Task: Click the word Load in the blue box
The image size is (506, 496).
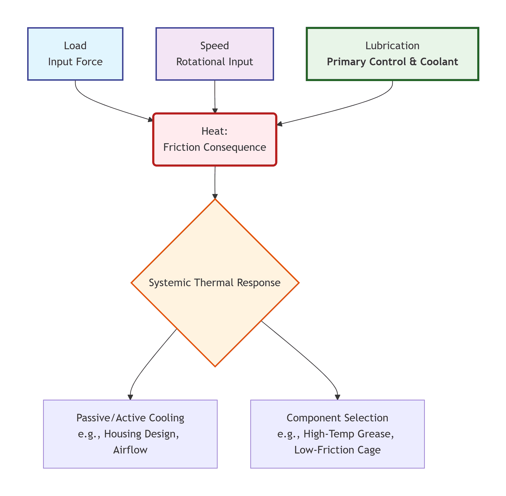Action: click(x=75, y=46)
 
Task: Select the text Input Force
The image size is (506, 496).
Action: click(x=75, y=62)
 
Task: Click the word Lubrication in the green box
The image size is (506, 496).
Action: click(x=392, y=46)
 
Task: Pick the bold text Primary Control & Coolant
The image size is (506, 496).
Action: click(x=392, y=62)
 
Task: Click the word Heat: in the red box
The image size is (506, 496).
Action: click(x=214, y=131)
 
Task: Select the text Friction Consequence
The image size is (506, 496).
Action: click(x=214, y=147)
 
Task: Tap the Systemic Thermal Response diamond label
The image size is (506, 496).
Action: click(x=214, y=283)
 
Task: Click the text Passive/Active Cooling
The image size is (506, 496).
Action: click(x=130, y=418)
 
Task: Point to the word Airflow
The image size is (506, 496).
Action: click(x=130, y=450)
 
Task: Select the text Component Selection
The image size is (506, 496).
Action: click(x=337, y=418)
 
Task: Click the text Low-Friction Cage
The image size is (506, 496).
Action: click(x=337, y=450)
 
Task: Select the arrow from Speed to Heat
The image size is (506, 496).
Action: click(x=215, y=96)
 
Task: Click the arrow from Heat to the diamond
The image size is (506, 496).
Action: click(x=215, y=182)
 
